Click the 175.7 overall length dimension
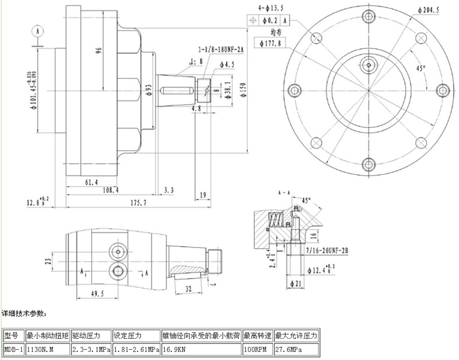point(138,202)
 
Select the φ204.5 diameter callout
point(428,10)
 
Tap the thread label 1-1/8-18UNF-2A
point(221,50)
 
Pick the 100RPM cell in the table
point(258,349)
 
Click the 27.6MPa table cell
point(296,349)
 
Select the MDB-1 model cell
point(14,349)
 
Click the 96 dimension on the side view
point(99,50)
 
